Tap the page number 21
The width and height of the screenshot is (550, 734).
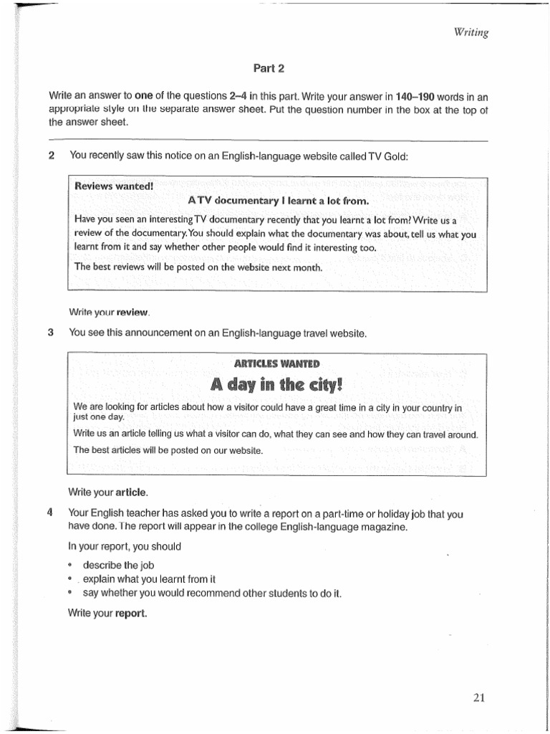click(x=479, y=696)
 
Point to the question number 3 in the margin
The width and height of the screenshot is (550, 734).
click(x=52, y=333)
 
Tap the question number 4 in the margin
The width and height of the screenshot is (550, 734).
click(x=52, y=514)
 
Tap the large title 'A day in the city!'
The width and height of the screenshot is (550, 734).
click(x=277, y=385)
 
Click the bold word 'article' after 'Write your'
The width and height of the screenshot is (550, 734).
click(x=131, y=492)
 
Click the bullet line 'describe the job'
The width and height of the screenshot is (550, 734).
click(x=118, y=565)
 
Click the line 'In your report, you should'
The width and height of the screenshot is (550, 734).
click(x=125, y=546)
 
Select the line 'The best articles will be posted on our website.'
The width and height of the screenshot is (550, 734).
click(x=168, y=450)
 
